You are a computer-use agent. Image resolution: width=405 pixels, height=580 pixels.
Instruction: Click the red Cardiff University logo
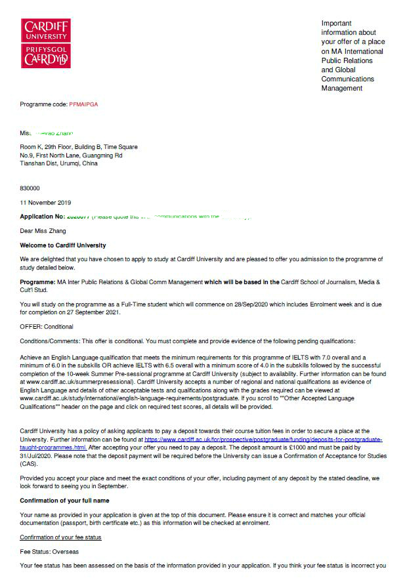45,43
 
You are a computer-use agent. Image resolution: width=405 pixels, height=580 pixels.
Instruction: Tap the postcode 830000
30,188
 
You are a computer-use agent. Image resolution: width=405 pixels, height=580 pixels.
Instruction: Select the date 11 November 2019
45,203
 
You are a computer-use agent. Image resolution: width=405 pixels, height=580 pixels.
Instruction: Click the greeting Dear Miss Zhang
43,231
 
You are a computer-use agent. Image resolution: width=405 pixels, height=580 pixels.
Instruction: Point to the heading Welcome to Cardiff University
62,245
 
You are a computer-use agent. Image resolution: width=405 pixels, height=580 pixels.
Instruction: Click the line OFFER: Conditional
47,327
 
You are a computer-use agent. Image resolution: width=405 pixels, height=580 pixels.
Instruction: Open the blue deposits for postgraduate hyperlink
263,439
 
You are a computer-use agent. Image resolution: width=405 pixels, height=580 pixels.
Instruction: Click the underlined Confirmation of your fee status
60,537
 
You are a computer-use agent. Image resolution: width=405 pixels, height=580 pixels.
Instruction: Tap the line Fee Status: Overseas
51,552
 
